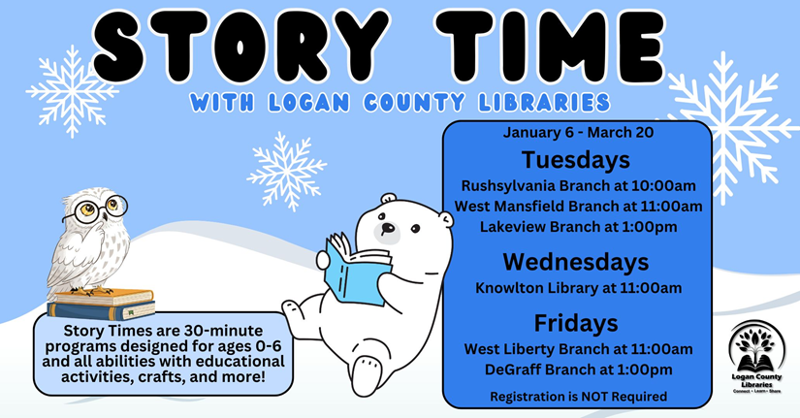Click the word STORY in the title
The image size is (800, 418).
tap(240, 46)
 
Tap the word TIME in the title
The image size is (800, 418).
tap(550, 46)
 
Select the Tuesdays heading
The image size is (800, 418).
tap(575, 160)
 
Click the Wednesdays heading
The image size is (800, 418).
tap(576, 262)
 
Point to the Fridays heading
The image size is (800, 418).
tap(576, 323)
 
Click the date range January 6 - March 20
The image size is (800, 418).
tap(578, 133)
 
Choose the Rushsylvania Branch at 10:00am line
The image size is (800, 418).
tap(578, 186)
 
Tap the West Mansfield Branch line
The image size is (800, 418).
tap(578, 207)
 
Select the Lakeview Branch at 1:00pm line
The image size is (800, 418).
tap(578, 227)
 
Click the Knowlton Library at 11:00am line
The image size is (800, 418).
tap(578, 288)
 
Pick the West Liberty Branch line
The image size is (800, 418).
tap(578, 349)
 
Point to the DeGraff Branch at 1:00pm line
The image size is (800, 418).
tap(578, 370)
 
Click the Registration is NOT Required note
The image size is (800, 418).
tap(578, 397)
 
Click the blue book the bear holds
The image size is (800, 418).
tap(357, 270)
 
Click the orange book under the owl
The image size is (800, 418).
tap(104, 297)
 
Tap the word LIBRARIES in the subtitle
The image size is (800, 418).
tap(544, 103)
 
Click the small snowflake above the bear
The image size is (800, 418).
tap(287, 172)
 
